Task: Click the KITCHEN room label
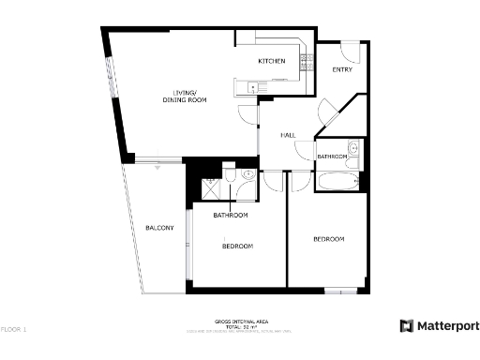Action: point(272,62)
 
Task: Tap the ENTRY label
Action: point(342,70)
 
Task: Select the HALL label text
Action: point(289,136)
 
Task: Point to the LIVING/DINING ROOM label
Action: point(189,96)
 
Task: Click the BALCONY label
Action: point(159,228)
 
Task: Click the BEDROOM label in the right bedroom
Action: point(328,239)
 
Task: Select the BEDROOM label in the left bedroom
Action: point(237,246)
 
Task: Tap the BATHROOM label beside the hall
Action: point(332,157)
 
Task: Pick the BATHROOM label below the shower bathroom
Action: point(230,216)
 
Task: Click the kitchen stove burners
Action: point(306,62)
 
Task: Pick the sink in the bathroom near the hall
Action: point(352,147)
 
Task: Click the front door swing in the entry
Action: point(343,49)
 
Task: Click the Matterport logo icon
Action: point(407,326)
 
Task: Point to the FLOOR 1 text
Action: point(13,329)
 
